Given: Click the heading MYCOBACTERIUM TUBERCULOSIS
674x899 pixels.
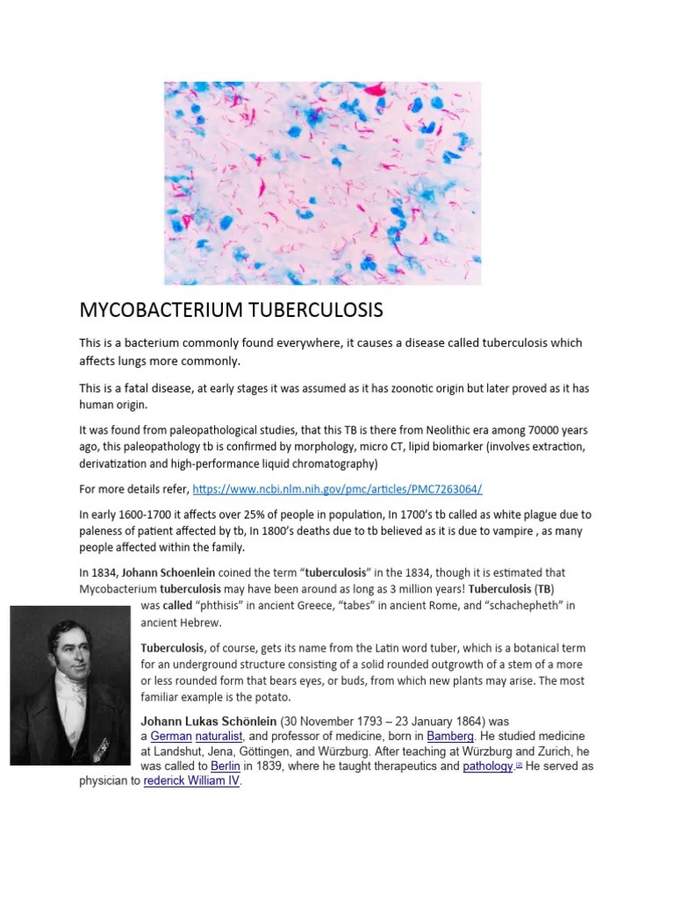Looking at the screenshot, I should tap(232, 311).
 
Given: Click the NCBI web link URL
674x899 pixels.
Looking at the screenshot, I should tap(337, 488).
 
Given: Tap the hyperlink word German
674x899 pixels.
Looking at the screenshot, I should tap(170, 735).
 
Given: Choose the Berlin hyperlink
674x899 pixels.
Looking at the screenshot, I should tap(226, 766).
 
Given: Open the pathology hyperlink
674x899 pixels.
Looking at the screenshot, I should tap(488, 766).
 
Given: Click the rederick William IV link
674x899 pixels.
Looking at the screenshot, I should tap(191, 781).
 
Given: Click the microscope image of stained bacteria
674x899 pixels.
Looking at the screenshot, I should tap(322, 183).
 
